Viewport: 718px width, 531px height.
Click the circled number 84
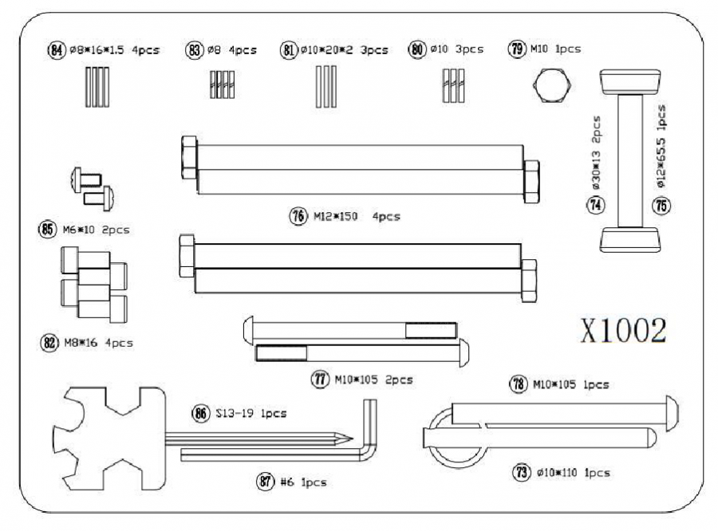[x=55, y=49]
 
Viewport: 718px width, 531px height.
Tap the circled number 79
[x=516, y=49]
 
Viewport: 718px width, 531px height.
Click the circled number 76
[x=298, y=216]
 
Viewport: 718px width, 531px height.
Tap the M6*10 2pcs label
[x=96, y=230]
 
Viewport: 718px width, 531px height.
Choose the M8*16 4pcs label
[x=98, y=344]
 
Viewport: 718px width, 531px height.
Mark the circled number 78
[x=518, y=384]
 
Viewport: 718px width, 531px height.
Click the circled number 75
[x=662, y=205]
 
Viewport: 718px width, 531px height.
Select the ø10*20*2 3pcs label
[x=344, y=49]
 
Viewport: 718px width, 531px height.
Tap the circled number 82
[x=49, y=344]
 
